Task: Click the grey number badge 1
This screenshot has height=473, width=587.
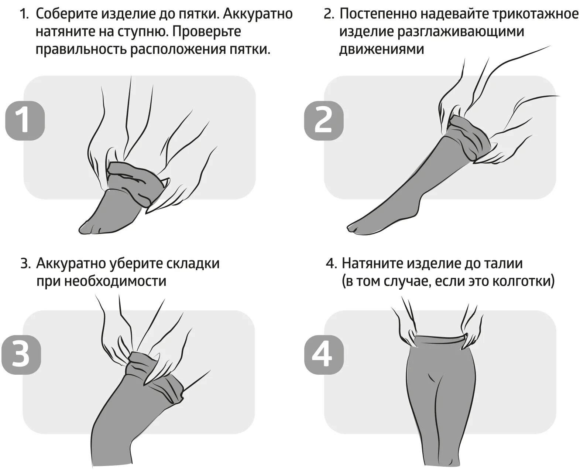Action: tap(25, 120)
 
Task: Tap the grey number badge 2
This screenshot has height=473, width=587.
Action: tap(323, 120)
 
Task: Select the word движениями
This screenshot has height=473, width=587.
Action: tap(381, 49)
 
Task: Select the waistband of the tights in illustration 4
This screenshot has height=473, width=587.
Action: tap(439, 340)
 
